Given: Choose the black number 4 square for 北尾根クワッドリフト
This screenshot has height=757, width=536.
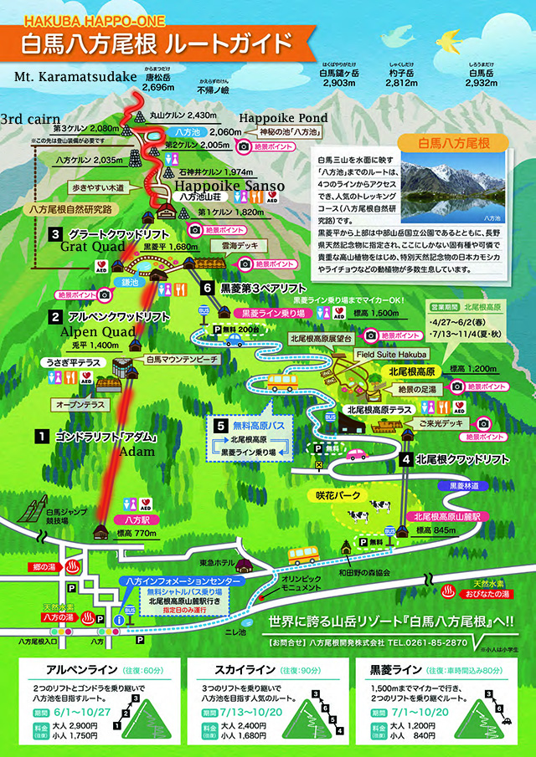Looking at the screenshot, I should pyautogui.click(x=405, y=459).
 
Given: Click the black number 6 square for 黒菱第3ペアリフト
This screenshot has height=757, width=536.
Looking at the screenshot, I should pyautogui.click(x=209, y=287).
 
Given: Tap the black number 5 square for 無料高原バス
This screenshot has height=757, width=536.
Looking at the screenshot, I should pyautogui.click(x=219, y=425).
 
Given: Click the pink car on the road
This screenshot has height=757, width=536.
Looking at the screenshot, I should pyautogui.click(x=356, y=456).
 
